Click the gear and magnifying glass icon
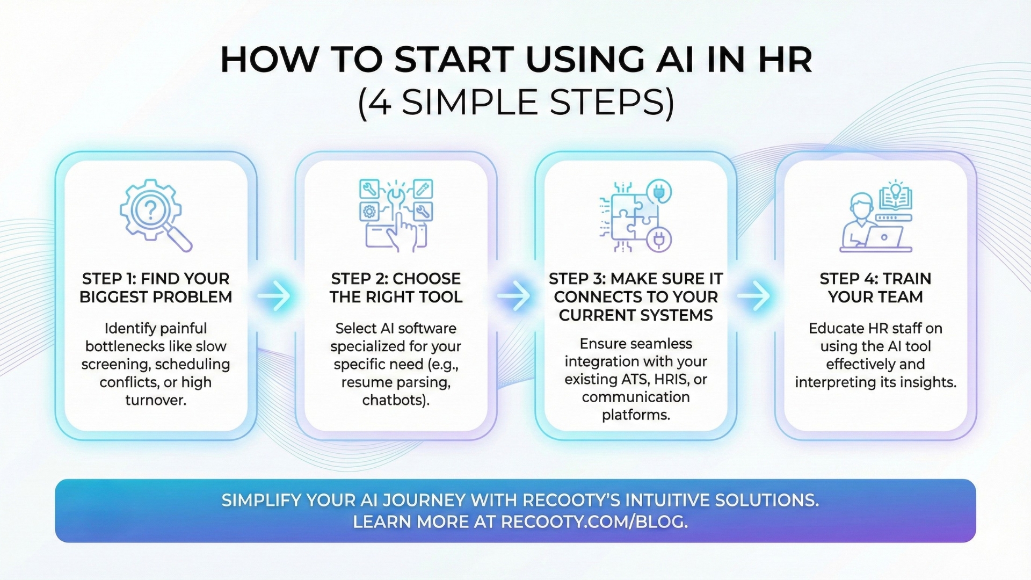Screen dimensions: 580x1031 (x=155, y=215)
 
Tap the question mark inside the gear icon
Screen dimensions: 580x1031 (x=150, y=209)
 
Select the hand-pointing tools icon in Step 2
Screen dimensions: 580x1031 (x=396, y=215)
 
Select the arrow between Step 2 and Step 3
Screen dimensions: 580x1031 (x=514, y=295)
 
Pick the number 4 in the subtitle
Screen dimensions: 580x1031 (x=380, y=102)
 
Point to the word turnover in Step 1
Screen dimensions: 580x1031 (x=156, y=400)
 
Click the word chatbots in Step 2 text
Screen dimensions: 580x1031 (x=394, y=400)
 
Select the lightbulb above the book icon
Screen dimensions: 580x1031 (x=895, y=189)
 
